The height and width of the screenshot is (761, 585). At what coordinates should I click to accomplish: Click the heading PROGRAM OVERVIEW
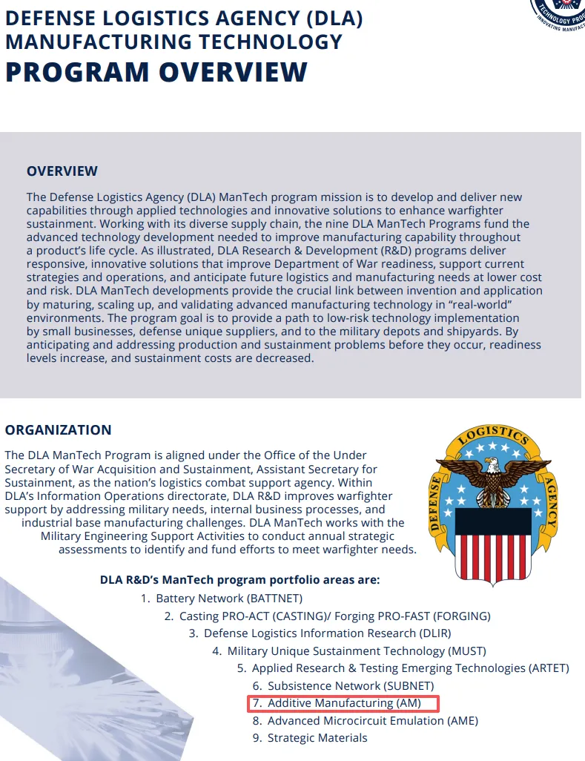(x=156, y=72)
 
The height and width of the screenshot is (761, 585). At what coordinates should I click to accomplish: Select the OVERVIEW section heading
(x=62, y=171)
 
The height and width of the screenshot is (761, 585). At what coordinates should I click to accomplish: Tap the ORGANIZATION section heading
(x=59, y=430)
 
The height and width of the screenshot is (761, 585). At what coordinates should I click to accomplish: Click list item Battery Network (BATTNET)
(x=228, y=599)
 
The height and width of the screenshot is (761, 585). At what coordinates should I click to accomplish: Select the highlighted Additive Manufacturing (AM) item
(x=344, y=703)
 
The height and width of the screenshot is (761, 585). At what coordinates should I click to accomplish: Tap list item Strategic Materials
(x=317, y=738)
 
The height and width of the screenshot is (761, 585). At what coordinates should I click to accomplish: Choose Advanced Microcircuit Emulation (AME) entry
(x=372, y=721)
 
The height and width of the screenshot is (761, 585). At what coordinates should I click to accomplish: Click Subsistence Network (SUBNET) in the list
(x=351, y=686)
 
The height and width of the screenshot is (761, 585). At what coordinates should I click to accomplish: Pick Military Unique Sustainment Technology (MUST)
(x=357, y=651)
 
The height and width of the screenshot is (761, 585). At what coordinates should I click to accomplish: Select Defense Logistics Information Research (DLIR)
(x=327, y=633)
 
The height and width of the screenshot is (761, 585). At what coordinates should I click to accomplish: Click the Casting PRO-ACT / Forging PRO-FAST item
(x=335, y=616)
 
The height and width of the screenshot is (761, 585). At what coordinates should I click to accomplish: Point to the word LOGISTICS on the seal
(x=492, y=435)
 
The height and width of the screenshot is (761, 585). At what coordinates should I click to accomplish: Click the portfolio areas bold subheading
(x=240, y=580)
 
